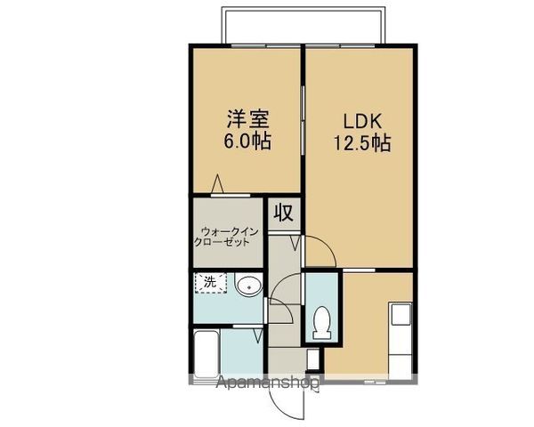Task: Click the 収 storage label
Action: (283, 213)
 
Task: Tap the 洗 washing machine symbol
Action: (210, 283)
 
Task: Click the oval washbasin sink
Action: (248, 286)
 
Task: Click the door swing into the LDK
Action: (320, 252)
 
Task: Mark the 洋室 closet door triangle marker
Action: (217, 185)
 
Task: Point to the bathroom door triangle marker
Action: (256, 336)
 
